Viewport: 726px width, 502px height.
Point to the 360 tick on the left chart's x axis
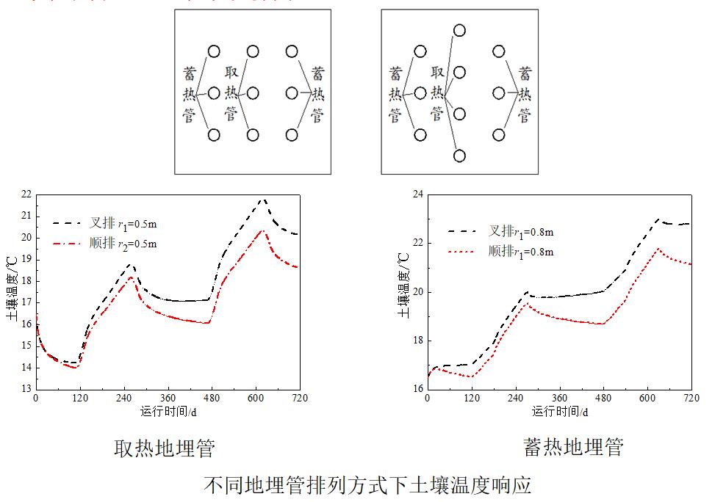tap(168, 398)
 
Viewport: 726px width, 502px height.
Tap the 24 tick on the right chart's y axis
tap(418, 194)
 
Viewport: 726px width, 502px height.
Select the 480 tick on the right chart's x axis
tap(603, 398)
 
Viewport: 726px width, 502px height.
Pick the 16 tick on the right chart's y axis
tap(418, 388)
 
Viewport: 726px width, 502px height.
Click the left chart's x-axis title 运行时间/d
tap(168, 411)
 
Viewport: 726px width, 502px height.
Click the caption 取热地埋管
tap(165, 448)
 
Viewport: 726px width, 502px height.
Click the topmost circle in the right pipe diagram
tap(459, 30)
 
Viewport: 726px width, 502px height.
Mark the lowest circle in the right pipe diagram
tap(459, 156)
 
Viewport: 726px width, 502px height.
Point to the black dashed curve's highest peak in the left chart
tap(262, 199)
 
